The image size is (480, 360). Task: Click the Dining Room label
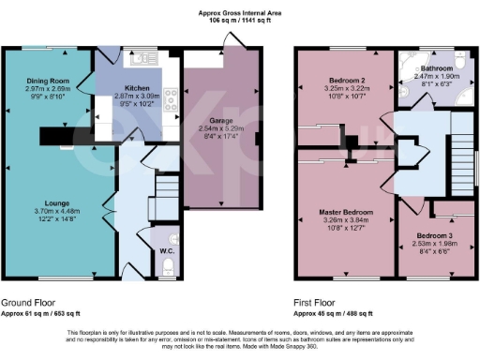click(48, 82)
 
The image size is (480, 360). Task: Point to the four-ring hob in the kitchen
click(172, 97)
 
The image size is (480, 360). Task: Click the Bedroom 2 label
click(339, 79)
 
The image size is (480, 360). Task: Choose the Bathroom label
click(438, 69)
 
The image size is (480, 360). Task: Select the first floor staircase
click(461, 141)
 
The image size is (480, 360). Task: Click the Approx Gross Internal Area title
click(239, 12)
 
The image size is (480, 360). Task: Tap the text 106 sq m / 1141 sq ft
click(239, 21)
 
